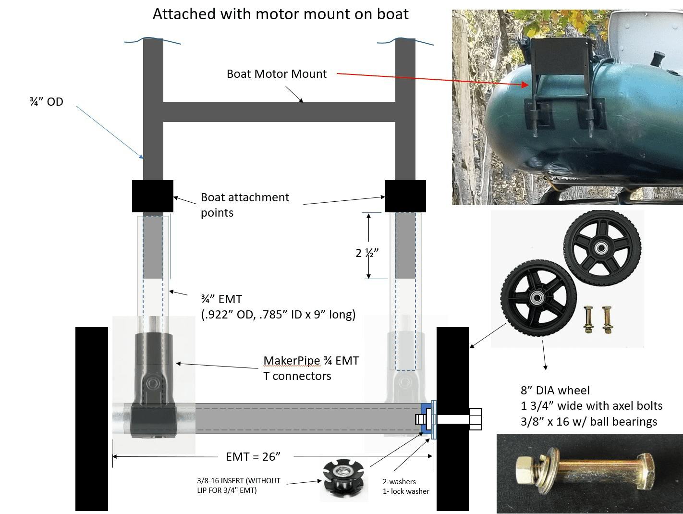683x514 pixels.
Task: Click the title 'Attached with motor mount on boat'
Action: [281, 14]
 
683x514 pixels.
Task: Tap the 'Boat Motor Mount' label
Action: [276, 74]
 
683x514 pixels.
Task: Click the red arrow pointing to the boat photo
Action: [432, 79]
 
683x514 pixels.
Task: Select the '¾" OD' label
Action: [46, 102]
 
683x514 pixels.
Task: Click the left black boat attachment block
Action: [153, 196]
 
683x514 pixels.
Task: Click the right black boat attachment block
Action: [405, 196]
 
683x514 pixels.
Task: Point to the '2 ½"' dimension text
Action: [367, 253]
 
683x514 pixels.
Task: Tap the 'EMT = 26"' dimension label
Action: [253, 456]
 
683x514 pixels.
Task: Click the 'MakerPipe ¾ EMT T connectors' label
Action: [311, 368]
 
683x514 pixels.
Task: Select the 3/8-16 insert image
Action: [344, 479]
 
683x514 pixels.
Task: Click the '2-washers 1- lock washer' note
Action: [406, 486]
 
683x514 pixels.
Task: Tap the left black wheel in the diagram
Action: [92, 418]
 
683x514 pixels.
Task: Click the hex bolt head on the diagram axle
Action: [475, 419]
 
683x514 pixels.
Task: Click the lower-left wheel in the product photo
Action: [536, 297]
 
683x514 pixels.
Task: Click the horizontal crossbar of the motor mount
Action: [279, 111]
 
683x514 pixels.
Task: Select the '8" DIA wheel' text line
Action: [555, 391]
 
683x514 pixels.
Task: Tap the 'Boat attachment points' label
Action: [244, 205]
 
